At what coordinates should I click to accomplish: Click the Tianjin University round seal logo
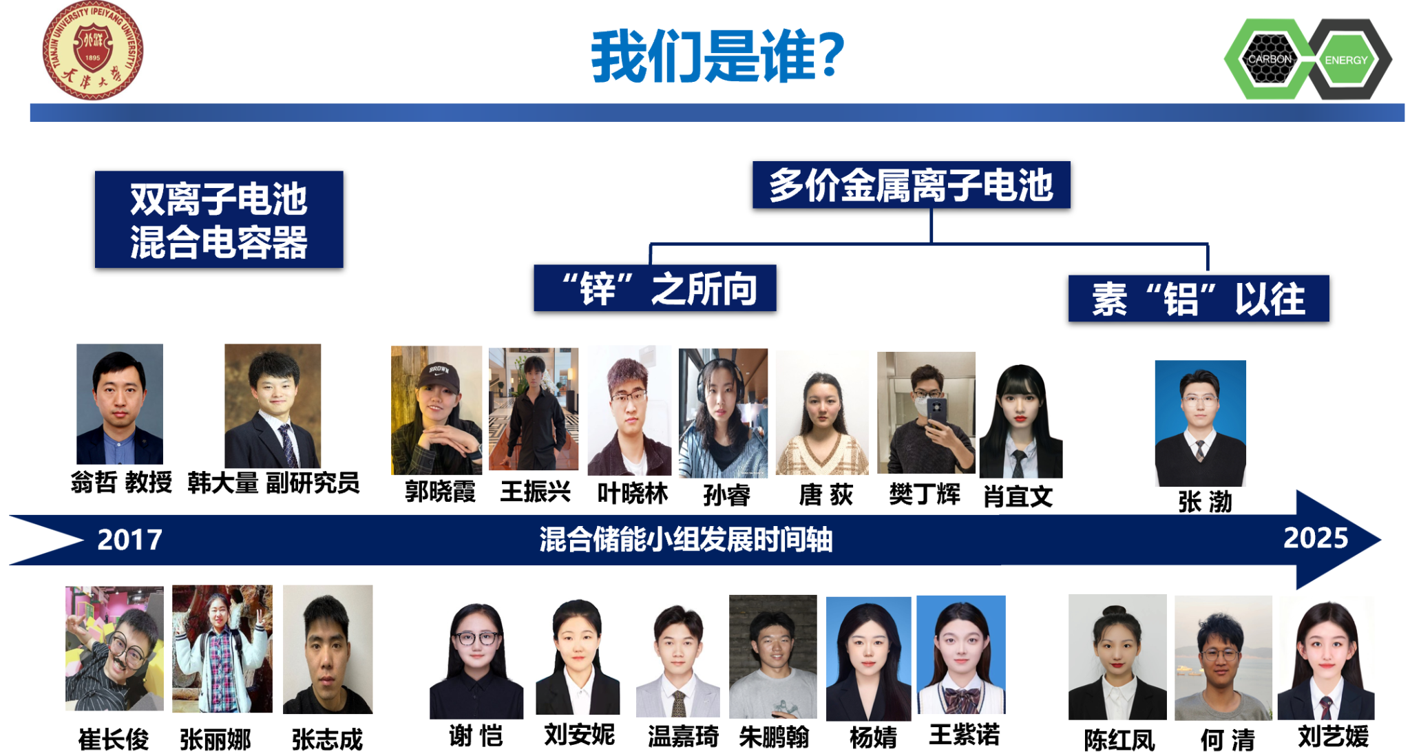pyautogui.click(x=92, y=51)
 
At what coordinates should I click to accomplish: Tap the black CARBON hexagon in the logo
pyautogui.click(x=1270, y=59)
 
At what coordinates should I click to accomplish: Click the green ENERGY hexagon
pyautogui.click(x=1346, y=60)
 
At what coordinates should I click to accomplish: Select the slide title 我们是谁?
pyautogui.click(x=717, y=56)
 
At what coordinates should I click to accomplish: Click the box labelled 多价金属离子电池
pyautogui.click(x=911, y=185)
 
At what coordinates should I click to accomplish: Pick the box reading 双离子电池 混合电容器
pyautogui.click(x=219, y=220)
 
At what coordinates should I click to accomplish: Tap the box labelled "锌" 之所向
pyautogui.click(x=655, y=288)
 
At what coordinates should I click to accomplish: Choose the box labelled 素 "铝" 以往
pyautogui.click(x=1198, y=299)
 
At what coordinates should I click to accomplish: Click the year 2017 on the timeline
pyautogui.click(x=129, y=540)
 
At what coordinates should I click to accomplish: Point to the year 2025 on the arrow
pyautogui.click(x=1315, y=538)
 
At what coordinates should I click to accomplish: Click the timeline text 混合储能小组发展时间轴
pyautogui.click(x=686, y=540)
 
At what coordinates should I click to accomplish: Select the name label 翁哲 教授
pyautogui.click(x=121, y=482)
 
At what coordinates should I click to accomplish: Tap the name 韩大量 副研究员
pyautogui.click(x=273, y=483)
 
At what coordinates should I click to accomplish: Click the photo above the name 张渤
pyautogui.click(x=1200, y=423)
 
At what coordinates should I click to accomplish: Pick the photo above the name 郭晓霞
pyautogui.click(x=436, y=410)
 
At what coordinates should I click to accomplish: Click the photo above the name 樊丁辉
pyautogui.click(x=926, y=412)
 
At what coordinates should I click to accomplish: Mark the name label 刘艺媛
pyautogui.click(x=1333, y=737)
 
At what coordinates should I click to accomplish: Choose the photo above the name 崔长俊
pyautogui.click(x=114, y=648)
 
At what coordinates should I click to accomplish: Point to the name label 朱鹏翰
pyautogui.click(x=774, y=737)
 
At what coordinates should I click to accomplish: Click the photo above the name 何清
pyautogui.click(x=1223, y=658)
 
